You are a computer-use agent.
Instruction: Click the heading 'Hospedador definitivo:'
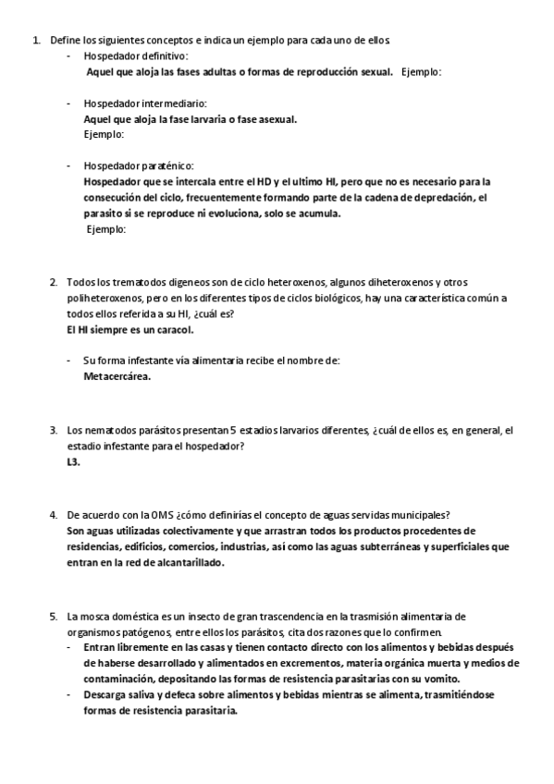coord(135,56)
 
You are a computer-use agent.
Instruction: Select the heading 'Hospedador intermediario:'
coord(144,104)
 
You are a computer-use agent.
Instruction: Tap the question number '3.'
coord(54,431)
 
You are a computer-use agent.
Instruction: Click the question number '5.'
coord(54,616)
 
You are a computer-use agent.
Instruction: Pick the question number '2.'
coord(54,282)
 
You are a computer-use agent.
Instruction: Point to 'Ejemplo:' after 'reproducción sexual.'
coord(422,72)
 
